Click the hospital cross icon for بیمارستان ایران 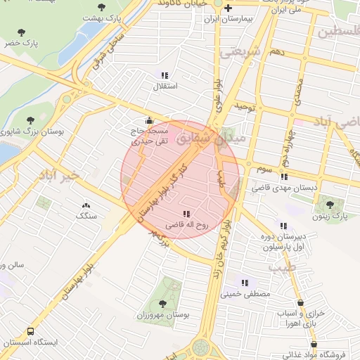click(x=228, y=8)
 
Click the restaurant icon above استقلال click(x=165, y=75)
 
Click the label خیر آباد click(x=63, y=174)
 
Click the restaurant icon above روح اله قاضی click(x=186, y=213)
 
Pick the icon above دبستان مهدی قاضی click(x=284, y=177)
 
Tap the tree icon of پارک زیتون click(x=330, y=204)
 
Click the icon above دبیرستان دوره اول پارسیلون click(x=283, y=226)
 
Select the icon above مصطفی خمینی click(x=245, y=283)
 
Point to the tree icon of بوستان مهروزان click(x=163, y=304)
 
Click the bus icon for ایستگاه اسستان click(x=31, y=330)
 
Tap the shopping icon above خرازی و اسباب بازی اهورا click(x=302, y=302)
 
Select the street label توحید click(x=243, y=106)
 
